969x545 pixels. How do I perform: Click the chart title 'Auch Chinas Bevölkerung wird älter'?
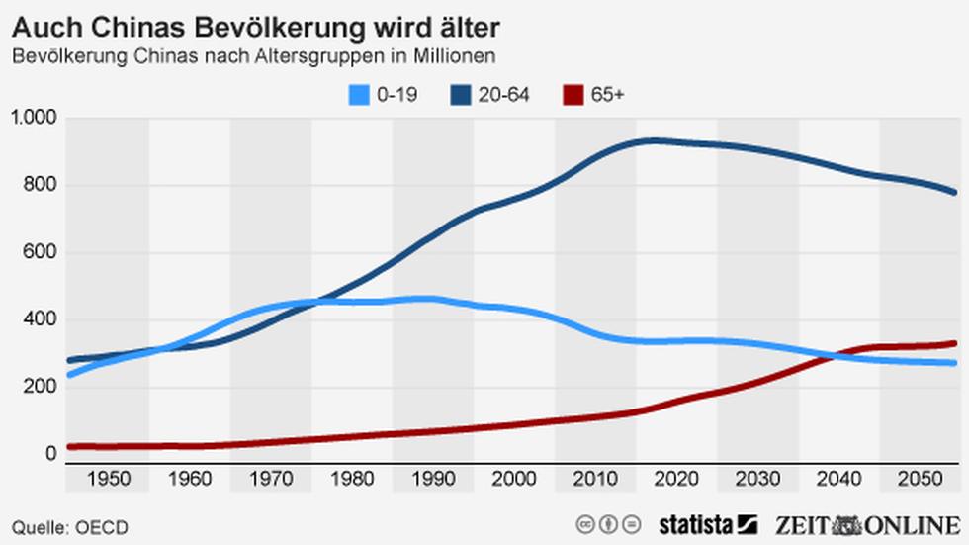click(256, 23)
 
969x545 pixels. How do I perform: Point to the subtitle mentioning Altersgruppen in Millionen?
click(253, 56)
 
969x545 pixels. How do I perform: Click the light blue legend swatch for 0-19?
click(358, 95)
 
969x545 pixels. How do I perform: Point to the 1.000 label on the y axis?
click(37, 118)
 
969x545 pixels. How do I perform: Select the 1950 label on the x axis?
click(109, 480)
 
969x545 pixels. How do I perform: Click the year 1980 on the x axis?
click(352, 480)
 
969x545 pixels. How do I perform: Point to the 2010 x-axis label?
click(595, 480)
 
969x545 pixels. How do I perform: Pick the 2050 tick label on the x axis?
click(920, 480)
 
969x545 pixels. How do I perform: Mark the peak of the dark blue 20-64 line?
click(653, 140)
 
